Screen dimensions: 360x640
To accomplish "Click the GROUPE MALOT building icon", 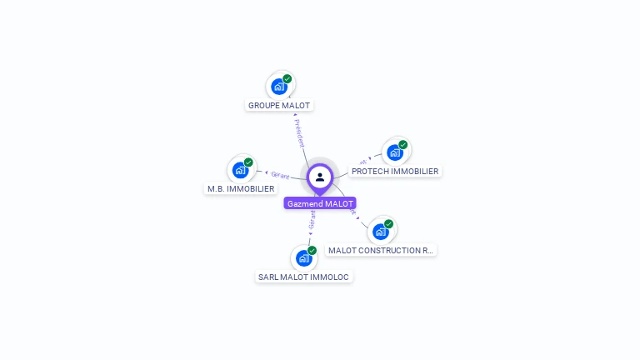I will pyautogui.click(x=279, y=86).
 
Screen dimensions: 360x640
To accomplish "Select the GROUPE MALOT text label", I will pyautogui.click(x=279, y=106).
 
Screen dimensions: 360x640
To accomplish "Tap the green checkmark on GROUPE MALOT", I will pyautogui.click(x=287, y=79).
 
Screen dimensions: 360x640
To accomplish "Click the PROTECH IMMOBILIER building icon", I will pyautogui.click(x=395, y=152).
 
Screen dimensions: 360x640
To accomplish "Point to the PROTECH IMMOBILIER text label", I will pyautogui.click(x=395, y=172).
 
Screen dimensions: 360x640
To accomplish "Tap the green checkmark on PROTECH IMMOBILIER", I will pyautogui.click(x=403, y=145).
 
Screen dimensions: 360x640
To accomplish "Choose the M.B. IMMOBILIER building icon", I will pyautogui.click(x=241, y=170).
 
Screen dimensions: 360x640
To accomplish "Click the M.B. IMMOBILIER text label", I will pyautogui.click(x=241, y=189).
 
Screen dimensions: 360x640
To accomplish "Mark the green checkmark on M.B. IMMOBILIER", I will pyautogui.click(x=248, y=162).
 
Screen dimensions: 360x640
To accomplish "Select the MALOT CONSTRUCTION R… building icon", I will pyautogui.click(x=381, y=231).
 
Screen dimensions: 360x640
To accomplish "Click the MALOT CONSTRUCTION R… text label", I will pyautogui.click(x=381, y=250).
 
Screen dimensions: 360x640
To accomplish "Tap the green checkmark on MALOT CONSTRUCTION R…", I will pyautogui.click(x=388, y=224).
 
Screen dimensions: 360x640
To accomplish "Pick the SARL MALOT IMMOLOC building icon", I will pyautogui.click(x=304, y=257).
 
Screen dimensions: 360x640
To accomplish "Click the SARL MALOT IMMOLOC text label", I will pyautogui.click(x=304, y=277).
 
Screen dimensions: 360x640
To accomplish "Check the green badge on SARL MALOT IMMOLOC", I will pyautogui.click(x=312, y=251).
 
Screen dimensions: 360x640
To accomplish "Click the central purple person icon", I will pyautogui.click(x=320, y=177).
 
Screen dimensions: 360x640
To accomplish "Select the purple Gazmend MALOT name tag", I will pyautogui.click(x=320, y=203).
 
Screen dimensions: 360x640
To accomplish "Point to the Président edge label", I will pyautogui.click(x=299, y=133).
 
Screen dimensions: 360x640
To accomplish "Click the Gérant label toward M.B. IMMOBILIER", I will pyautogui.click(x=280, y=175).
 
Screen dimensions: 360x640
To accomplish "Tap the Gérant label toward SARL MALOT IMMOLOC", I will pyautogui.click(x=312, y=219).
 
